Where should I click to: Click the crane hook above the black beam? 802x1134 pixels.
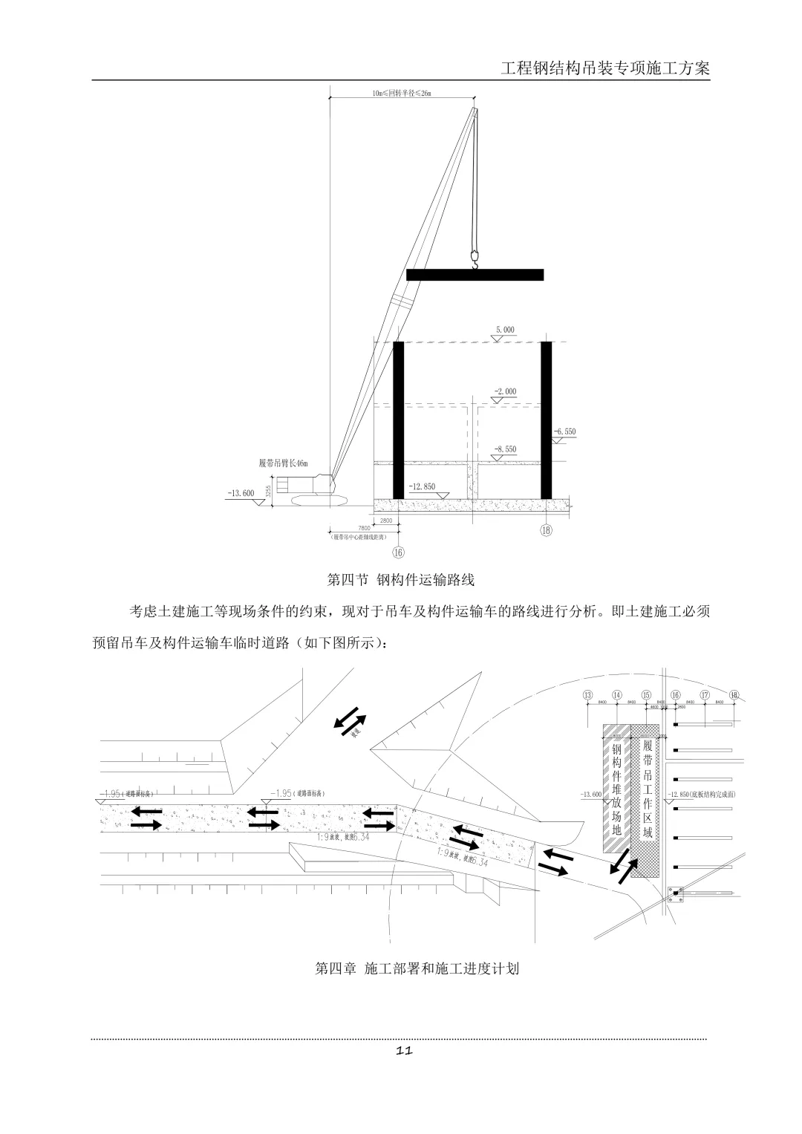tap(474, 257)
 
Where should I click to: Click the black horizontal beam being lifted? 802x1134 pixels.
tap(475, 274)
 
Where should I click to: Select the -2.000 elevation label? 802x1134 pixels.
tap(505, 391)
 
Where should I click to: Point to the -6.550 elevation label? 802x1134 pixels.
tap(564, 431)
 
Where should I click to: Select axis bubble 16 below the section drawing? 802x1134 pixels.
tap(399, 552)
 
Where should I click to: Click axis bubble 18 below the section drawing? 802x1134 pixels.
tap(547, 530)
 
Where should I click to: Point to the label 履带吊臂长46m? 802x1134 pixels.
tap(283, 464)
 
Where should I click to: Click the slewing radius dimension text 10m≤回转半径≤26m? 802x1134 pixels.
tap(401, 94)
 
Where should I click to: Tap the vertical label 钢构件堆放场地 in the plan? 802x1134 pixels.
tap(616, 788)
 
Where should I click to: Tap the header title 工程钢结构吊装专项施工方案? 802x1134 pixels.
tap(605, 68)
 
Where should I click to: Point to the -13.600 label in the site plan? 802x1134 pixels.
tap(591, 795)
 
